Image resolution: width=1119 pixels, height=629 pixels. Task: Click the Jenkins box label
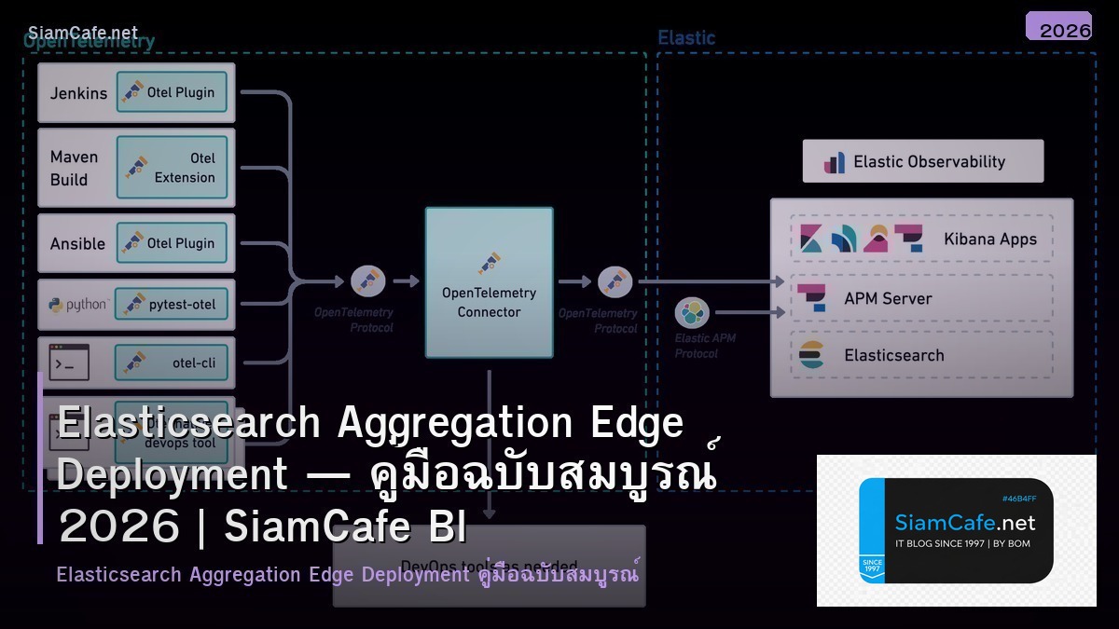78,93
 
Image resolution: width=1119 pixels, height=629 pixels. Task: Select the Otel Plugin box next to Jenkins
172,92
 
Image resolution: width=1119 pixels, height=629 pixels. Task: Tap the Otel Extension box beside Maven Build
172,168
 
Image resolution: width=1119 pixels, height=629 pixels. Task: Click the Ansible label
77,243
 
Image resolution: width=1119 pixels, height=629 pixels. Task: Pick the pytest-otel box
172,304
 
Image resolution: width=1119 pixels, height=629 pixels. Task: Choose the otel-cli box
172,362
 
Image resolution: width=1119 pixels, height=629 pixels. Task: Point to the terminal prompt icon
69,362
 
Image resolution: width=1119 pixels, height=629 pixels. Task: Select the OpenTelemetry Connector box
489,282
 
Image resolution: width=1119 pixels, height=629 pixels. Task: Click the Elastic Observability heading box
922,161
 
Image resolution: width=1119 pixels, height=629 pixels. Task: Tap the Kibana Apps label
989,239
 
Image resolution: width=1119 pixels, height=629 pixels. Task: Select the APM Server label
887,298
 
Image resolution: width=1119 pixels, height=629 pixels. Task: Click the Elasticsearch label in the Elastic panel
893,355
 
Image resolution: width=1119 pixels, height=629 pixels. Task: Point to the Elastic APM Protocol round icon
692,313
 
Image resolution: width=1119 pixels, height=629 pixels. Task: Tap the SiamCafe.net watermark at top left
82,34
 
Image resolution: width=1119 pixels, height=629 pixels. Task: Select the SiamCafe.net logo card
956,530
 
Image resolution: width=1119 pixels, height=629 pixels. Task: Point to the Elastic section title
686,38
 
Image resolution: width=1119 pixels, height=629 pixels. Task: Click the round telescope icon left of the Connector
367,280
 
